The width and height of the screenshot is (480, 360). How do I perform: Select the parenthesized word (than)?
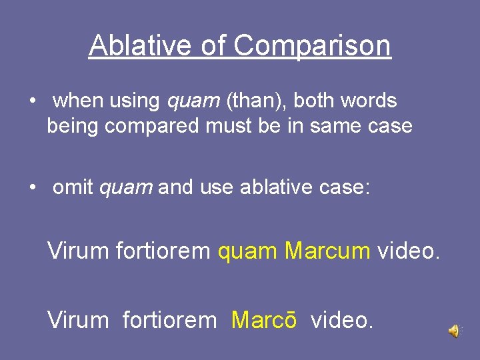257,101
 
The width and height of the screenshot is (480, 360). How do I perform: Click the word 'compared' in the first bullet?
155,125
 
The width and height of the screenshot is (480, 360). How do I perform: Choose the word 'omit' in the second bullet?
73,188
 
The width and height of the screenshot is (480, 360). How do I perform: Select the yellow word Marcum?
327,251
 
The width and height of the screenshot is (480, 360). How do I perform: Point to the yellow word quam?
247,252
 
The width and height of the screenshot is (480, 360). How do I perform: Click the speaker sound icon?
454,331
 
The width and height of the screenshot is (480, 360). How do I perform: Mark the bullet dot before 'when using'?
32,101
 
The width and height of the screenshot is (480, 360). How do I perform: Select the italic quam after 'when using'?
193,101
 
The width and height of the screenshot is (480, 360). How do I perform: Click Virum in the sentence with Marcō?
78,320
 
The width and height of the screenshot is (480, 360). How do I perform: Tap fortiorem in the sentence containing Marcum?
163,251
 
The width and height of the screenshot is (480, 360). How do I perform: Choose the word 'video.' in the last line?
342,320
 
